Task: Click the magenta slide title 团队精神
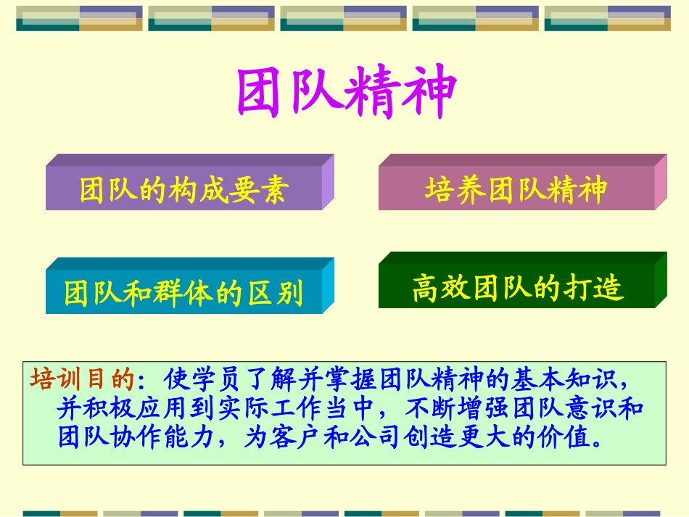(x=346, y=94)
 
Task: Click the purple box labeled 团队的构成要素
(x=183, y=190)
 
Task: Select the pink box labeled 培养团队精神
(x=516, y=189)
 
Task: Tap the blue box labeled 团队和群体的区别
(x=183, y=293)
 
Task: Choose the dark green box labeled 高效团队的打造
(x=517, y=288)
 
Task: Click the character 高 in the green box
(x=425, y=288)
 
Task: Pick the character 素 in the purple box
(x=276, y=190)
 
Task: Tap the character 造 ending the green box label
(x=608, y=288)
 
